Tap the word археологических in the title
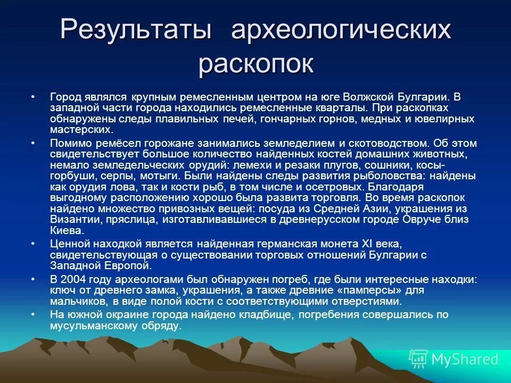341,31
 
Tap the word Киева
67,230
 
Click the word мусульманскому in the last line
93,326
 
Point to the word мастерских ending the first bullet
81,129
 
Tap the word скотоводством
384,143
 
